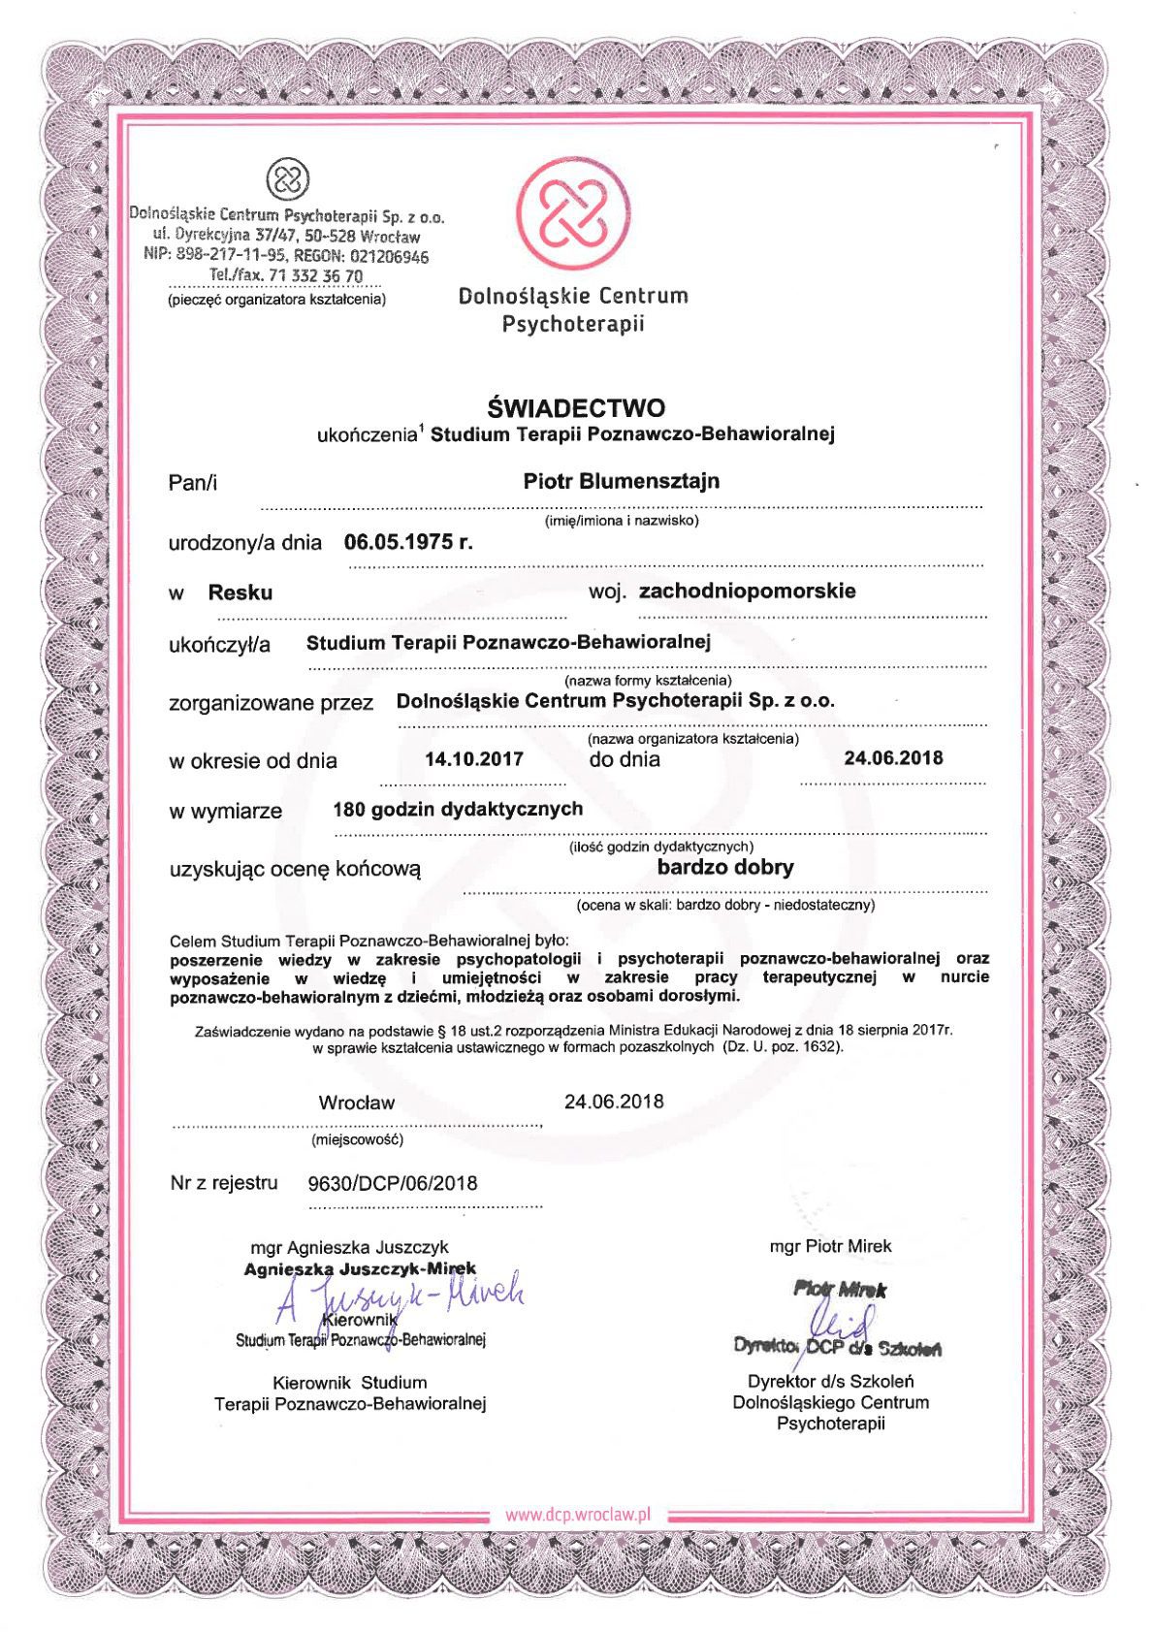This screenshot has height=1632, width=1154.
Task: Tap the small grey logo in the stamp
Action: point(288,179)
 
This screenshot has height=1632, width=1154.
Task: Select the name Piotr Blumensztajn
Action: point(621,481)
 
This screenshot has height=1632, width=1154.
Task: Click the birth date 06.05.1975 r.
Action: point(408,542)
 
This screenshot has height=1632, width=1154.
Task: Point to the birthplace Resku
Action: point(240,592)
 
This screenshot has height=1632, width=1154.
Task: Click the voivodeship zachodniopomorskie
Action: point(747,591)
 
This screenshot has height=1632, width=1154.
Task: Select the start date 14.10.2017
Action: point(474,759)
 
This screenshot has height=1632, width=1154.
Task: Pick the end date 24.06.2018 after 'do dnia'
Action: point(892,757)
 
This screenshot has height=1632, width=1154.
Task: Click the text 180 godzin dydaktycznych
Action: point(457,809)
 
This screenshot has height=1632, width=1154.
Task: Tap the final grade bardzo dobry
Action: point(724,867)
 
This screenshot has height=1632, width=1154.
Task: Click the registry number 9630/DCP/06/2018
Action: point(392,1183)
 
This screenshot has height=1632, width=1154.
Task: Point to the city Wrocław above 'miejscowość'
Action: point(356,1103)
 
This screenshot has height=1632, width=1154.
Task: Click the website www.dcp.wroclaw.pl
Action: point(577,1515)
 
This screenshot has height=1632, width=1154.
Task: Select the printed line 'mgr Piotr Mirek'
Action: point(830,1246)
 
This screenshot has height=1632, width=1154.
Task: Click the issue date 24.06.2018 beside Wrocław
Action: point(614,1101)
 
